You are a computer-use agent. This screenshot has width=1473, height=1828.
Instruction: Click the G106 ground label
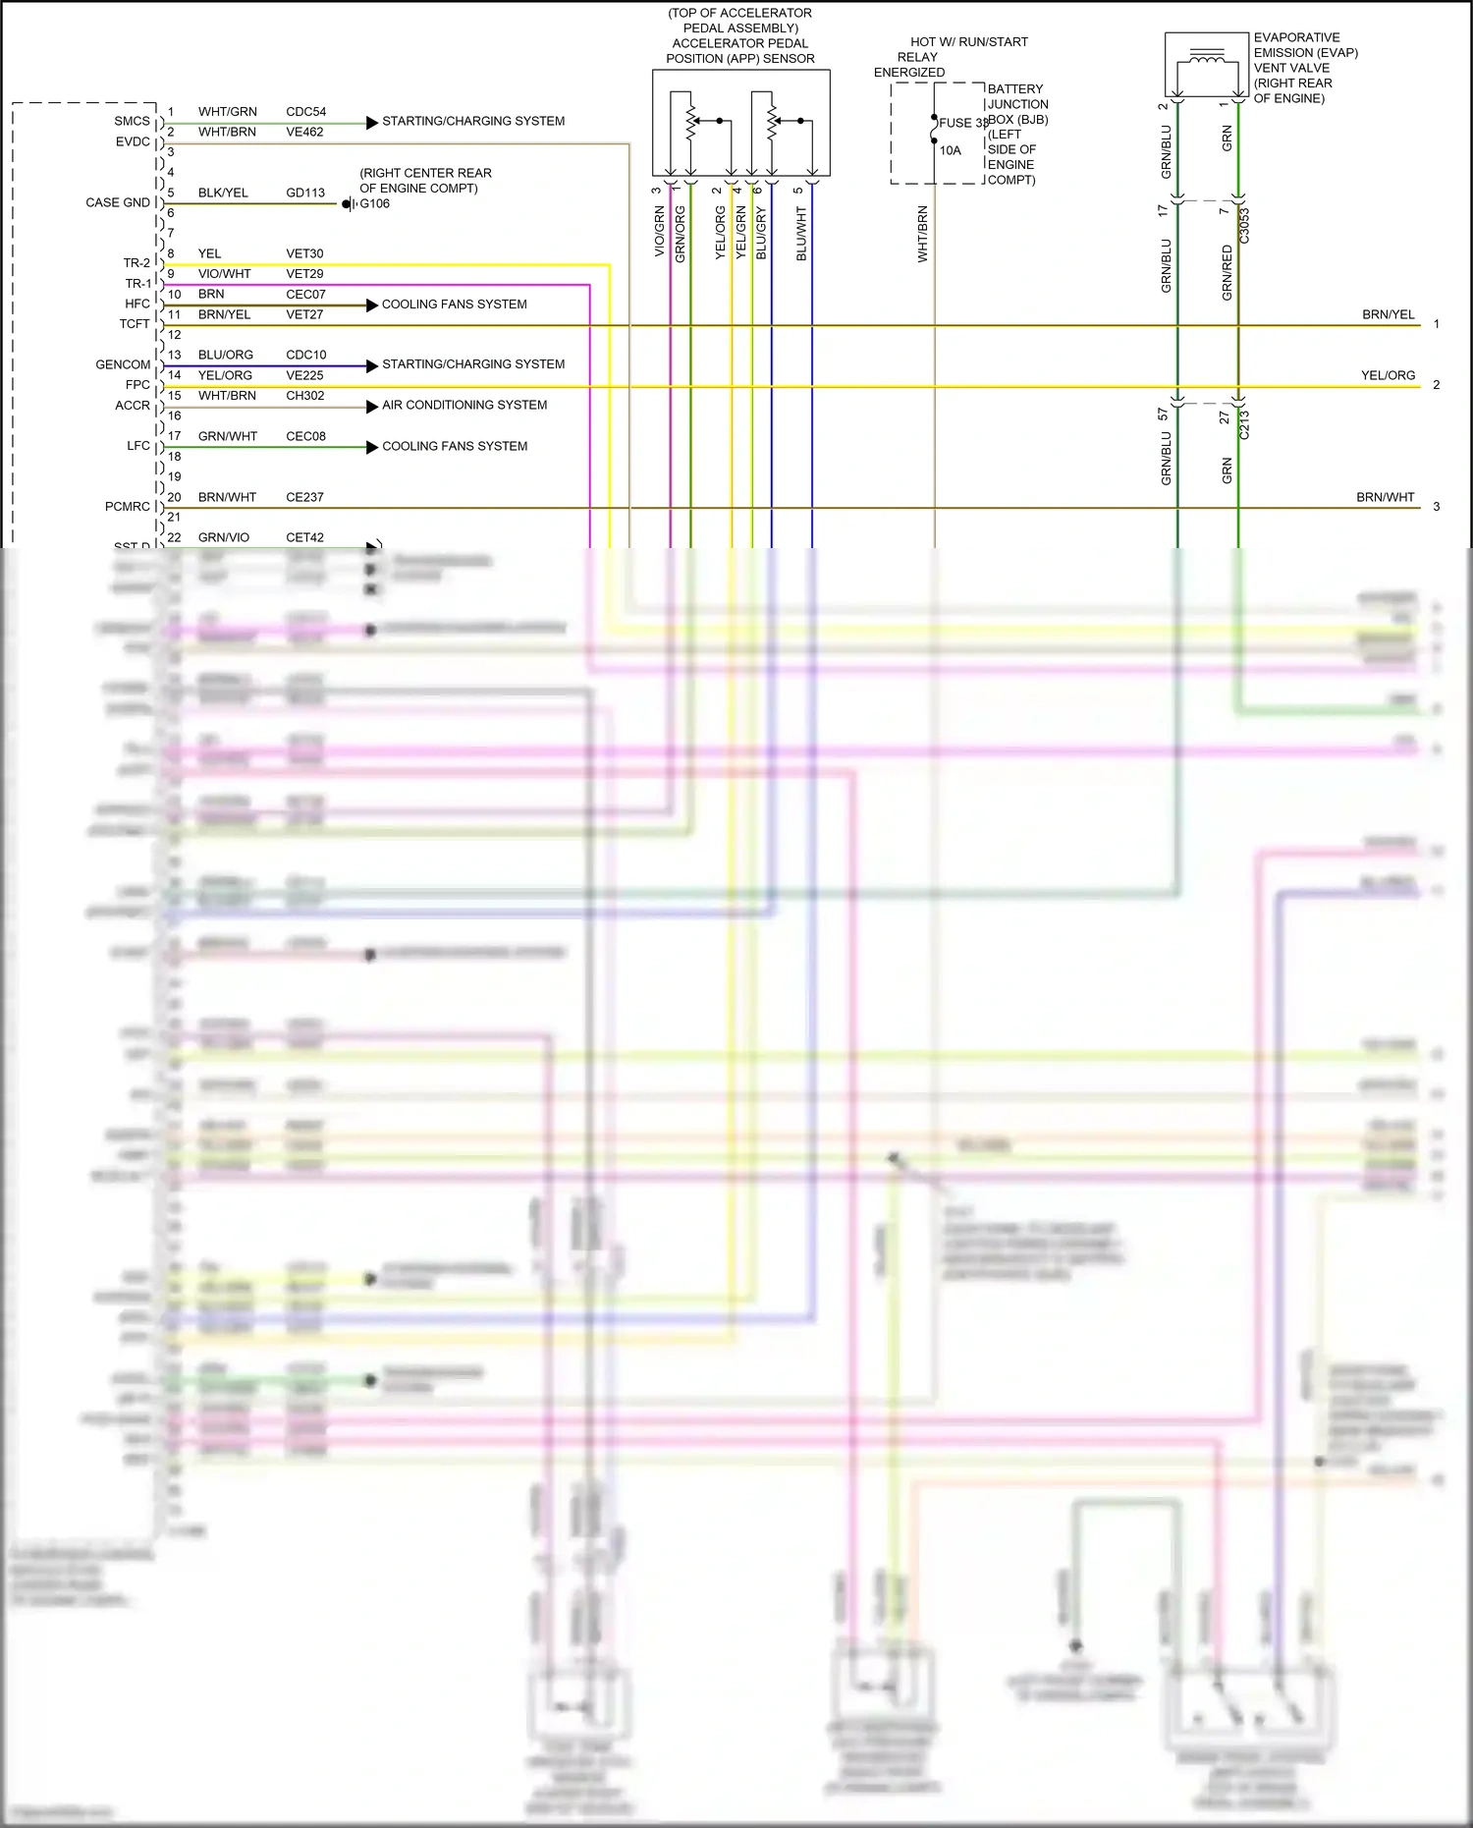pyautogui.click(x=374, y=204)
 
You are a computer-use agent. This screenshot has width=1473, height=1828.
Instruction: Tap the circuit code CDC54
pyautogui.click(x=305, y=112)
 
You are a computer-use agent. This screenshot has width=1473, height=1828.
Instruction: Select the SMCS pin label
pyautogui.click(x=132, y=122)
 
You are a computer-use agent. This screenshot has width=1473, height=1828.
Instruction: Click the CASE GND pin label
pyautogui.click(x=118, y=202)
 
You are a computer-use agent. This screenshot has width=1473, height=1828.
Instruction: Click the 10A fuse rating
pyautogui.click(x=950, y=150)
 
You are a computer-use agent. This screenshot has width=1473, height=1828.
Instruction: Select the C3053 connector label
pyautogui.click(x=1244, y=226)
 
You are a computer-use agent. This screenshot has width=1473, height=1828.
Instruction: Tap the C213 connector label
pyautogui.click(x=1244, y=424)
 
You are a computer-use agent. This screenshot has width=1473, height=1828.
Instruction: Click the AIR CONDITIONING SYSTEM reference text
pyautogui.click(x=464, y=405)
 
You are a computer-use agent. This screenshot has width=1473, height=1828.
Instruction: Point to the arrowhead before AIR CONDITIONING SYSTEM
pyautogui.click(x=372, y=407)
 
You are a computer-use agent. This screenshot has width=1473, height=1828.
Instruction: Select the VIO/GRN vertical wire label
pyautogui.click(x=660, y=232)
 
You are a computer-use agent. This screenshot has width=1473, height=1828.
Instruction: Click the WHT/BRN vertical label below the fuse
pyautogui.click(x=922, y=234)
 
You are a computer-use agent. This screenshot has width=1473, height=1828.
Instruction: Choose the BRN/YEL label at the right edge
pyautogui.click(x=1388, y=315)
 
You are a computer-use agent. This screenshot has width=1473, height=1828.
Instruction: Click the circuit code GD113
pyautogui.click(x=305, y=194)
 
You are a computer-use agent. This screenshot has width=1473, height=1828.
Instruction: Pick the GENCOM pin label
pyautogui.click(x=123, y=364)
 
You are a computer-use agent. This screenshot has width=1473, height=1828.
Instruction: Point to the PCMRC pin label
pyautogui.click(x=128, y=507)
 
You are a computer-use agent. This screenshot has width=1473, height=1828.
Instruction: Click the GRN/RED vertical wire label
pyautogui.click(x=1227, y=273)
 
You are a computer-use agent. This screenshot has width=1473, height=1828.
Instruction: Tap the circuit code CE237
pyautogui.click(x=304, y=498)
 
